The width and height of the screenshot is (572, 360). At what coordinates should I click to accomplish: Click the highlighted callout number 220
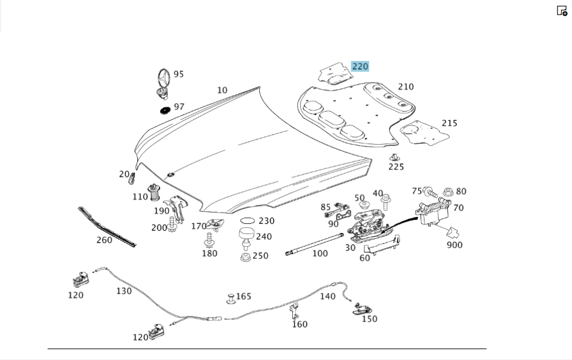[360, 66]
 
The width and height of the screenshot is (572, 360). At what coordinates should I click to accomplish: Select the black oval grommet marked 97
[164, 109]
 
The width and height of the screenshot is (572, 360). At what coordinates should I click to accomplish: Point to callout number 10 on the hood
[222, 90]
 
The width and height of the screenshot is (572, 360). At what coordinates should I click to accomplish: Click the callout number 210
[406, 86]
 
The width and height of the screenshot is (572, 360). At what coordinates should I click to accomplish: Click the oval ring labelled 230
[247, 220]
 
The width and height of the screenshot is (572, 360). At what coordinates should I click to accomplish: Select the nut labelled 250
[245, 257]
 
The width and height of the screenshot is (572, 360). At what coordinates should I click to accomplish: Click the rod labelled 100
[314, 244]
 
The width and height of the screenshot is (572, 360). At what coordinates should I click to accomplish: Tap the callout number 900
[455, 245]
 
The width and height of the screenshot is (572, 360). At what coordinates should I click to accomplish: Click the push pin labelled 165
[231, 298]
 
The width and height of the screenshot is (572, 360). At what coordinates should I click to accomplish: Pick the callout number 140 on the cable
[327, 296]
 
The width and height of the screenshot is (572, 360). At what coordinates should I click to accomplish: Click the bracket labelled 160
[294, 312]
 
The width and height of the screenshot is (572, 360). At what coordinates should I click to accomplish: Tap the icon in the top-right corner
[562, 11]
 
